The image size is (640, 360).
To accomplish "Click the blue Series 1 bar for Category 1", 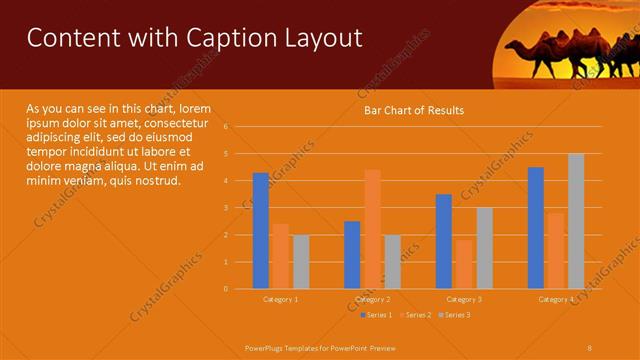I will tap(260, 231).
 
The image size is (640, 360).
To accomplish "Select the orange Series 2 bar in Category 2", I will tap(372, 229).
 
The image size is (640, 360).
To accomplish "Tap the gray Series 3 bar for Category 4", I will tap(576, 221).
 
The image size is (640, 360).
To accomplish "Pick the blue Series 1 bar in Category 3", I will tap(444, 241).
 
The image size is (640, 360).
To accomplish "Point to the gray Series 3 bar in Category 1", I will tap(301, 262).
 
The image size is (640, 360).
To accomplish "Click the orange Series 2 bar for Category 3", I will tap(464, 264).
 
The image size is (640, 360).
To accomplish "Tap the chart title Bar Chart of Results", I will tap(413, 110).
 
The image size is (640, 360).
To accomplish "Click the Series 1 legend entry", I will tap(377, 315).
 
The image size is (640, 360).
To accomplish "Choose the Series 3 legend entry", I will tap(455, 315).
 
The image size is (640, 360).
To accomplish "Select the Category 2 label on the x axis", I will tap(372, 299).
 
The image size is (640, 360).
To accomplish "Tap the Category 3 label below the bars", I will tap(464, 299).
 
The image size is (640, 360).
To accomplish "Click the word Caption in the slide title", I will tap(219, 38).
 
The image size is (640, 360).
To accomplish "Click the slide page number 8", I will tap(589, 347).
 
